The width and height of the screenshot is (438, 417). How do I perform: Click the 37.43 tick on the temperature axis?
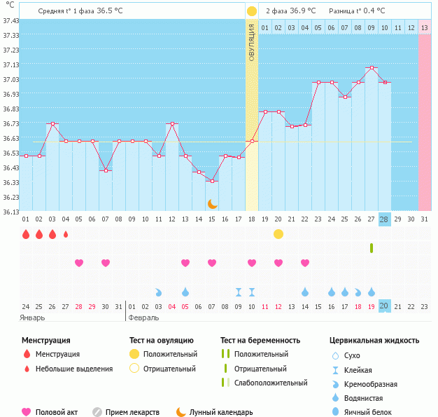click(10, 21)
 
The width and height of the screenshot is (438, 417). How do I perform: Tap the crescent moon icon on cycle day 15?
click(212, 203)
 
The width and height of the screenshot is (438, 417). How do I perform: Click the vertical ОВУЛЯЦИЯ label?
click(252, 42)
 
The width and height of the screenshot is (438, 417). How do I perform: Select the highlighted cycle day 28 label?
click(384, 219)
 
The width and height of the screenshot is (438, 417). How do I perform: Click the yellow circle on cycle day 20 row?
click(278, 233)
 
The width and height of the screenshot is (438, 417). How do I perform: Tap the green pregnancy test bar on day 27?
click(372, 247)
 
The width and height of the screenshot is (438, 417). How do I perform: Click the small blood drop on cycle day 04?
click(66, 234)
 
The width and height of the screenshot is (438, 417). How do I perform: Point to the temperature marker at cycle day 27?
click(371, 68)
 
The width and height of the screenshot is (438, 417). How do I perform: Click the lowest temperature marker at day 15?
click(212, 182)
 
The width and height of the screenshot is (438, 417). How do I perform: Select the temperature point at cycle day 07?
click(106, 170)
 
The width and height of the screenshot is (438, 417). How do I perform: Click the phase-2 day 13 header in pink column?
click(424, 27)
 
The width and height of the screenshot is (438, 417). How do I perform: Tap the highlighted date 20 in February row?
click(384, 306)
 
